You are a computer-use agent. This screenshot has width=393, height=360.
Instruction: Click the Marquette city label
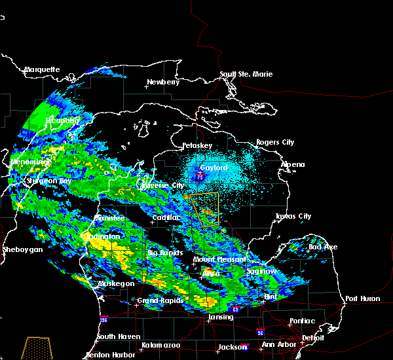coord(42,69)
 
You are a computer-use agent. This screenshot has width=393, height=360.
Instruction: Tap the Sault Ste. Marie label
coord(246,74)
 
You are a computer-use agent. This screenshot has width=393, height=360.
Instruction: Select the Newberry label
coord(162,82)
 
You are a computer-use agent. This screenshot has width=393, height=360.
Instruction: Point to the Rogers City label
coord(275,142)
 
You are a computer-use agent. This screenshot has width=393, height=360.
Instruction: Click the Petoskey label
coord(197,145)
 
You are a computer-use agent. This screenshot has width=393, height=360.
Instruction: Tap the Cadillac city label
coord(166,217)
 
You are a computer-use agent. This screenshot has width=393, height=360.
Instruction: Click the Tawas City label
coord(293,216)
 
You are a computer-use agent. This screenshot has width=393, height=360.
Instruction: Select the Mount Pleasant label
coord(215,259)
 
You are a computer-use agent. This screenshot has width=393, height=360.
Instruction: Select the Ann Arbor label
coord(276,345)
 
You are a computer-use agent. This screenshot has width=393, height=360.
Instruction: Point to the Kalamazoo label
coord(160,345)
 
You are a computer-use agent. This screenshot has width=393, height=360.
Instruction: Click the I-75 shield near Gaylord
coord(199,175)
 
